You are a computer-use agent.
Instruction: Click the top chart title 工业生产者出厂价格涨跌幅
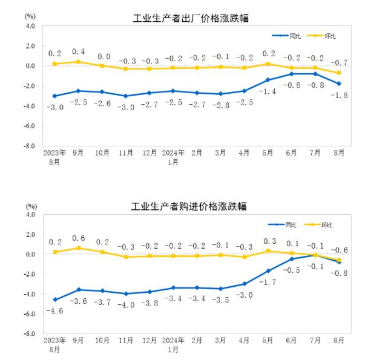click(191, 19)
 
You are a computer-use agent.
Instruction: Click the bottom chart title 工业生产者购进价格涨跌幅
click(189, 207)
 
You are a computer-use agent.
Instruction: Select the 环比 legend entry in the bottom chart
click(324, 225)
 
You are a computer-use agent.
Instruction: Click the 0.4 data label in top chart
click(78, 51)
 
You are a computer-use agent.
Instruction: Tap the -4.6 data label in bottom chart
click(54, 311)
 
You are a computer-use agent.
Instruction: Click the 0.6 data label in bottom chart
click(78, 238)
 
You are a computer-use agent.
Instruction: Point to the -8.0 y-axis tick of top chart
click(28, 146)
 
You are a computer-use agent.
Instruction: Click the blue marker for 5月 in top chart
click(268, 80)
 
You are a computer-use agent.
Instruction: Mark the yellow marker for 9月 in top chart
click(78, 62)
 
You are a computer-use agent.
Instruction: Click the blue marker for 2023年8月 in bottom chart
click(54, 299)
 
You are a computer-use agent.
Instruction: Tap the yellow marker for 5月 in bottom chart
click(268, 251)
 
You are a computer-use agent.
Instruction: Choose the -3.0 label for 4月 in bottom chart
click(245, 295)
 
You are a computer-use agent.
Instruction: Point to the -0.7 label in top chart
click(340, 62)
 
